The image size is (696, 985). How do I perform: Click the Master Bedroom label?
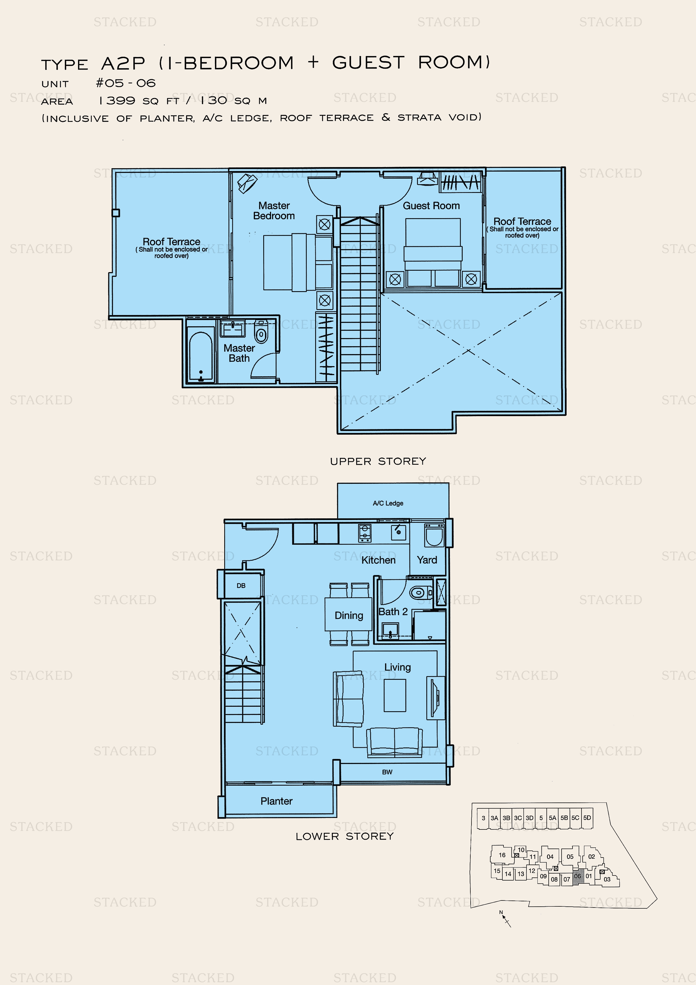tap(274, 211)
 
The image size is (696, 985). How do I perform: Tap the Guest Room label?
tap(431, 206)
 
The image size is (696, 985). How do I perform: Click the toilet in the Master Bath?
tap(261, 332)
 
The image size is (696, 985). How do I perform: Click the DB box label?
tap(241, 586)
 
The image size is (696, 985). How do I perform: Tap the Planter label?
tap(277, 801)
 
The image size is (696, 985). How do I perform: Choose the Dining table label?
tap(349, 615)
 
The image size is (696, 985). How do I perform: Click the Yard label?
tap(427, 560)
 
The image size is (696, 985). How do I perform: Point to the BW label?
tap(387, 772)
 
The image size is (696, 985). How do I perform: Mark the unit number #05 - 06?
tap(126, 83)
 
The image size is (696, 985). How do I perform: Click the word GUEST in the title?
tap(368, 63)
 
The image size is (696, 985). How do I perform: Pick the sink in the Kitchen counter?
tap(399, 532)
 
